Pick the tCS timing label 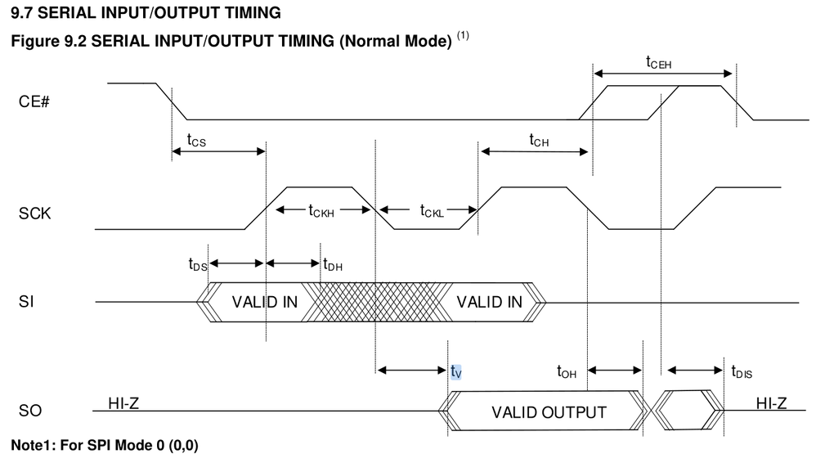196,142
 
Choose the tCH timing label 538,142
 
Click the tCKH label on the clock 323,211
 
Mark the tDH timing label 333,264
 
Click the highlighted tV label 456,371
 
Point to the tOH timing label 567,371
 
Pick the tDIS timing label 742,371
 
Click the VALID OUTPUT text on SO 549,411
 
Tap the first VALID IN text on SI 265,302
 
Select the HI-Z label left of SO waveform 124,402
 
